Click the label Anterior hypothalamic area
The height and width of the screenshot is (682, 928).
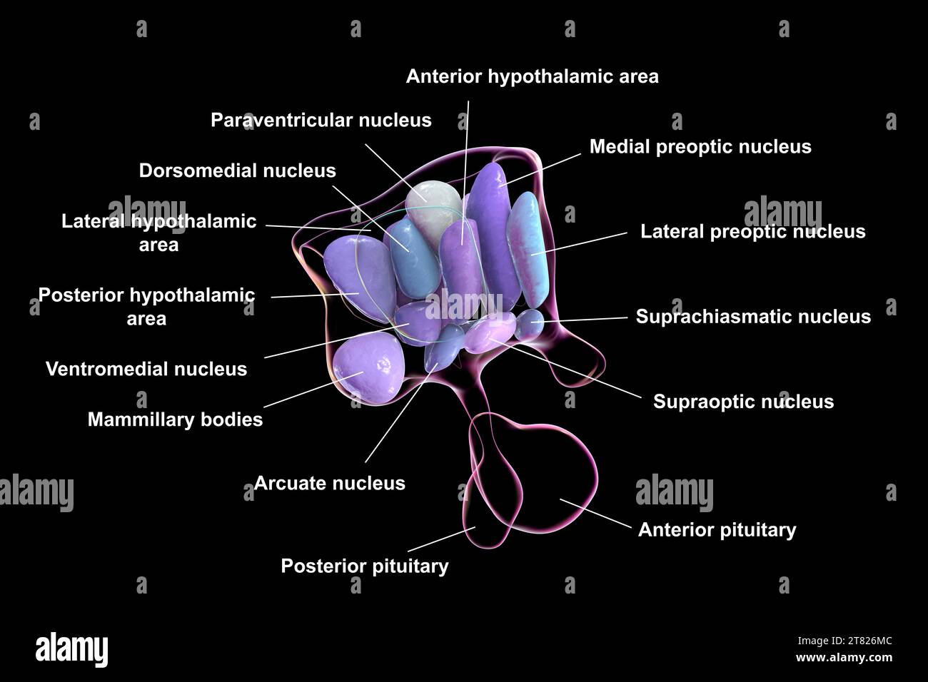[x=532, y=76]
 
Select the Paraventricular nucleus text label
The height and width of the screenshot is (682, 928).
[x=321, y=120]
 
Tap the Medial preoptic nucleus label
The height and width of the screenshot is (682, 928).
[x=700, y=146]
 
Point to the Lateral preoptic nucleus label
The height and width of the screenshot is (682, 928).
[x=752, y=231]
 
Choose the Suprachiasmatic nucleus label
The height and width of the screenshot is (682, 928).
[x=753, y=316]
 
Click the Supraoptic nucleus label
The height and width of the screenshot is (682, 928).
[x=743, y=402]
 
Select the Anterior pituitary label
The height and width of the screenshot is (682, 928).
[x=717, y=529]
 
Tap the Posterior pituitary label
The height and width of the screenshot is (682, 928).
[x=364, y=566]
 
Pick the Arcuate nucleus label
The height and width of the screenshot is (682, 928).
[x=329, y=483]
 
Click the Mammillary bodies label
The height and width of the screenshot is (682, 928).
[x=175, y=419]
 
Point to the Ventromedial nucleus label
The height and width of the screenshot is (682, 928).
[x=146, y=369]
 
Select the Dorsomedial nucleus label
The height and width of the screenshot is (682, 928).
[x=237, y=170]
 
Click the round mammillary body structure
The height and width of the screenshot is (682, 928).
[x=368, y=370]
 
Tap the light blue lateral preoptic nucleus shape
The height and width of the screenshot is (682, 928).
[x=530, y=246]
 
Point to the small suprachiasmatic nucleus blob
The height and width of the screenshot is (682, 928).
[x=530, y=324]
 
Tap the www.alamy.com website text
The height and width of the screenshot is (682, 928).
[x=843, y=657]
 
